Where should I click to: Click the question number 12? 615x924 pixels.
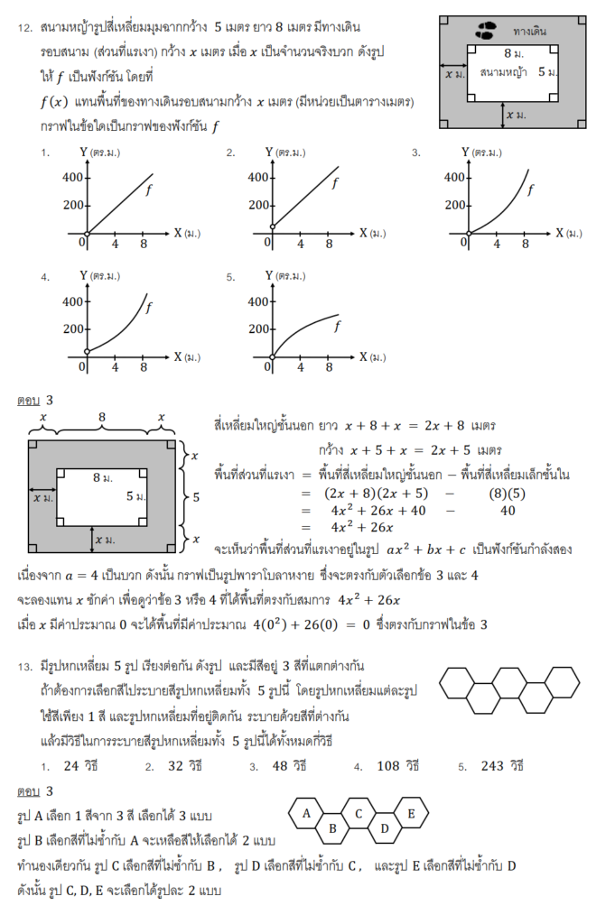[25, 28]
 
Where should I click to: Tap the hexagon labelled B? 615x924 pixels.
[332, 827]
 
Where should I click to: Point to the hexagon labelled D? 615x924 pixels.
[385, 827]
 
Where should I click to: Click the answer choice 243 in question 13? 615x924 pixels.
[504, 766]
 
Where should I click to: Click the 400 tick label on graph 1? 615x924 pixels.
[72, 177]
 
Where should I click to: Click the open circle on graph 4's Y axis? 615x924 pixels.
[86, 351]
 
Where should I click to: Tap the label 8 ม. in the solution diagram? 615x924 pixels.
[102, 476]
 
